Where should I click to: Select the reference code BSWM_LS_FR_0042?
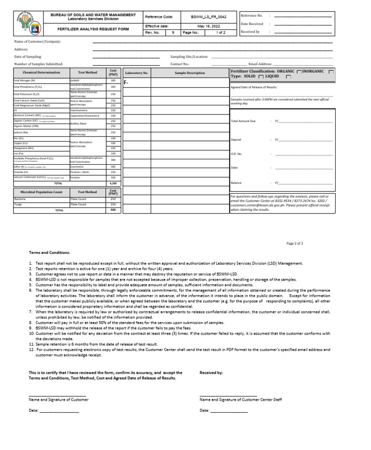click(x=208, y=17)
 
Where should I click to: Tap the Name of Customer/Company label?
click(x=37, y=42)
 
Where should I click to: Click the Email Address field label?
click(x=260, y=64)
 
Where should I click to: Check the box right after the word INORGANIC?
click(x=331, y=71)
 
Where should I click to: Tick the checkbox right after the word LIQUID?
click(x=288, y=77)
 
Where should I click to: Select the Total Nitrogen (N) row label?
click(x=24, y=81)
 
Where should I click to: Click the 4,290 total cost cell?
click(x=113, y=183)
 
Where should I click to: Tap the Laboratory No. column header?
click(x=136, y=73)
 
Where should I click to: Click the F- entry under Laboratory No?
click(x=126, y=83)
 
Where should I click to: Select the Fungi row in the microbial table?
click(x=18, y=205)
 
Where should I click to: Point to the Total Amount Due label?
click(x=243, y=121)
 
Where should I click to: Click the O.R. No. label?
click(x=236, y=154)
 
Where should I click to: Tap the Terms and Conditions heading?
click(x=49, y=253)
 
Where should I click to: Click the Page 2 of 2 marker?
click(x=295, y=244)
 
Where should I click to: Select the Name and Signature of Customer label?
click(x=58, y=400)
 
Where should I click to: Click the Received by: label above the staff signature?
click(x=211, y=373)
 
